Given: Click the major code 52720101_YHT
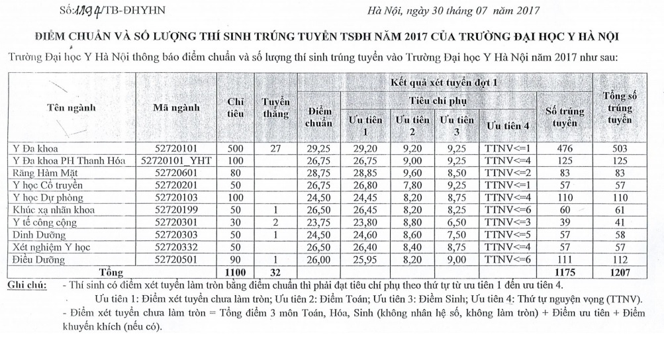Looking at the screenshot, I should point(172,160).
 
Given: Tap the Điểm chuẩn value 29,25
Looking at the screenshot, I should point(318,148).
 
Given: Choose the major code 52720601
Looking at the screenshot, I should point(172,172).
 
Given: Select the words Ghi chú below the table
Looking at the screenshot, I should point(26,285).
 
